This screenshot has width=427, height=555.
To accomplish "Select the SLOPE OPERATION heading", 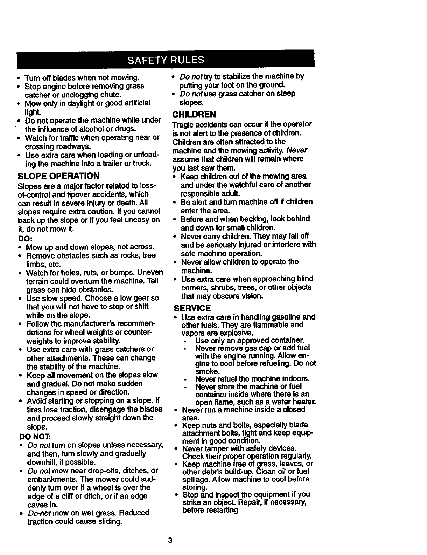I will pyautogui.click(x=58, y=176).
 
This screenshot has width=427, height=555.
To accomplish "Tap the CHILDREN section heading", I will pyautogui.click(x=194, y=115).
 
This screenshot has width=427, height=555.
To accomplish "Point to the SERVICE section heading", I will pyautogui.click(x=192, y=308).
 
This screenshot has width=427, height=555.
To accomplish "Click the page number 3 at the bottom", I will pyautogui.click(x=170, y=540).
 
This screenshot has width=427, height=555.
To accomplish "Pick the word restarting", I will pyautogui.click(x=223, y=510).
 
